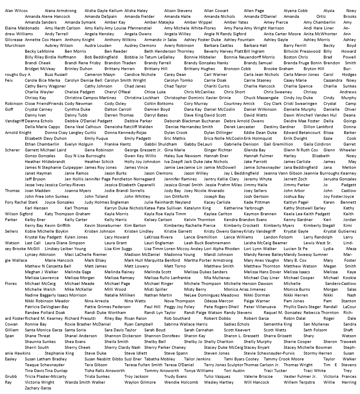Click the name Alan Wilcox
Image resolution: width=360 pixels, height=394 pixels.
(x=16, y=10)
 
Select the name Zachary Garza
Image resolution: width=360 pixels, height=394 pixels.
(x=38, y=388)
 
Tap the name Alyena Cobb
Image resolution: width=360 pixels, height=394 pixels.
(x=295, y=10)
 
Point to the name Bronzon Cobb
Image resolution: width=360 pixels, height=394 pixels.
(x=237, y=68)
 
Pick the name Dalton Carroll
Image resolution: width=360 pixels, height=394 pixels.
(x=117, y=109)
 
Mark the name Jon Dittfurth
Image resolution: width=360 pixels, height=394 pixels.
(x=177, y=196)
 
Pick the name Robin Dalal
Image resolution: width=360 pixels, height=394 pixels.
(x=294, y=318)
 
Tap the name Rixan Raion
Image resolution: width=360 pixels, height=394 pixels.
(x=135, y=318)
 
